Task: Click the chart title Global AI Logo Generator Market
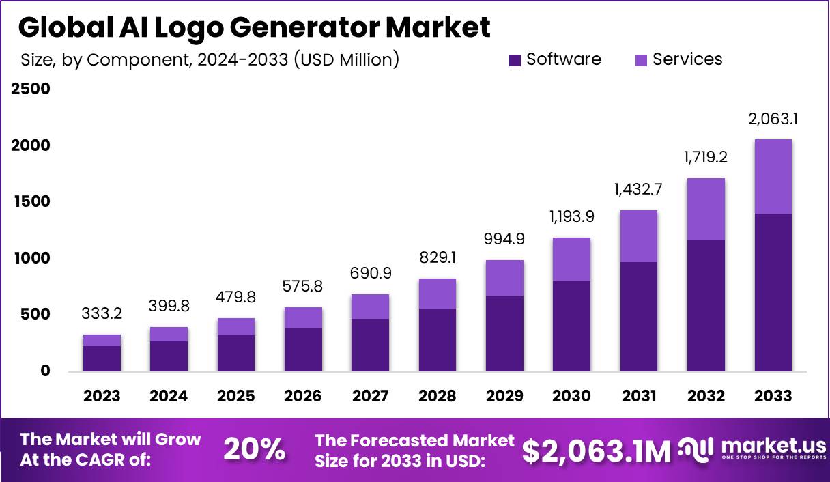point(254,28)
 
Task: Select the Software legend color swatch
point(515,61)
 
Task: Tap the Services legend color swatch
point(642,61)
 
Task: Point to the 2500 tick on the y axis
point(30,89)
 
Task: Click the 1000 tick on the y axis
point(30,258)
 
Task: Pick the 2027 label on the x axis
point(370,396)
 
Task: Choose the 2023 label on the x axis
point(102,396)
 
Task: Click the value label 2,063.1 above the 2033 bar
point(773,119)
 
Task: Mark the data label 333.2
point(102,315)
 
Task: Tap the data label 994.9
point(504,240)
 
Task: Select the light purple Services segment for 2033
point(773,176)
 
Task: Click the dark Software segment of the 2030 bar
point(571,326)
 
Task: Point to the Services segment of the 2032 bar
point(706,209)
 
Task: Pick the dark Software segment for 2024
point(169,356)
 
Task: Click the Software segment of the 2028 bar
point(437,339)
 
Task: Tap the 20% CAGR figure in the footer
point(254,450)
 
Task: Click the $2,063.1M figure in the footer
point(596,451)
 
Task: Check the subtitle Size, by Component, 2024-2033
point(209,60)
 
